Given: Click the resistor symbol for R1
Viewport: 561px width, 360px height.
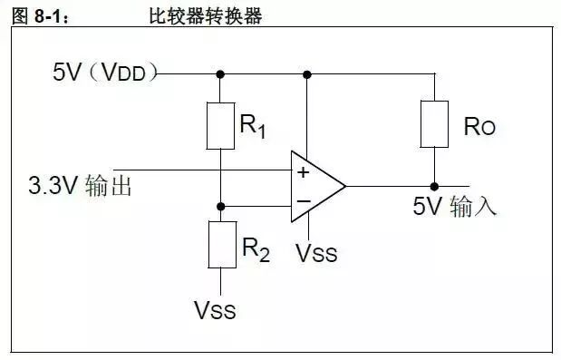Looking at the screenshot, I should tap(220, 125).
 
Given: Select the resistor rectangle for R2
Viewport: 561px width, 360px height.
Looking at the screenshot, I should tap(220, 243).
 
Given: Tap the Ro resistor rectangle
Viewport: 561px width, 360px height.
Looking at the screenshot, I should tap(434, 123).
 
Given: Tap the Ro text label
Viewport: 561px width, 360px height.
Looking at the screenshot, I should tap(479, 128).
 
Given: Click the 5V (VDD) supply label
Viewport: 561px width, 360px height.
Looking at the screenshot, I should tap(105, 73).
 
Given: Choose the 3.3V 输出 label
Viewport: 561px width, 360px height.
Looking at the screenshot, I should tap(81, 188).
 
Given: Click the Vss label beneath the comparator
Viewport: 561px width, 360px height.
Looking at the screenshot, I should tap(316, 253).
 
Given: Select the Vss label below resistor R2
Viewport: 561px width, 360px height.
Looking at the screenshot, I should tap(215, 310).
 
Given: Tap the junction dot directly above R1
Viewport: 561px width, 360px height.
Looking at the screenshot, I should tap(220, 73).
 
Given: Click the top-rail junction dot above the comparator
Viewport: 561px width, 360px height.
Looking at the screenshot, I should tap(308, 73).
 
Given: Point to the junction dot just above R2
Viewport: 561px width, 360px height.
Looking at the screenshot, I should tap(220, 206).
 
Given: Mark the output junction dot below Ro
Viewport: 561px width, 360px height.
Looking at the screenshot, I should tap(434, 186).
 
